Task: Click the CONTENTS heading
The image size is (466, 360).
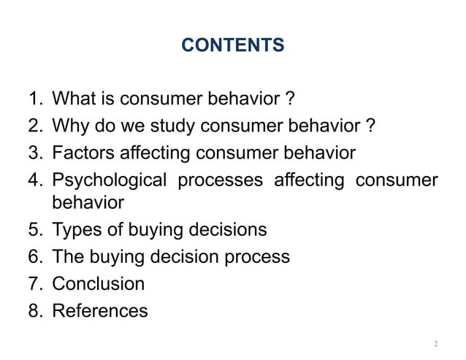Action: tap(232, 46)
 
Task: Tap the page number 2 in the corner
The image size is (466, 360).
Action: tap(435, 343)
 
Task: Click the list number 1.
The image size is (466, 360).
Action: tap(37, 98)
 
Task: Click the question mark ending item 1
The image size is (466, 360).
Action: tap(290, 98)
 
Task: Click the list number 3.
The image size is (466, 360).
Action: tap(37, 153)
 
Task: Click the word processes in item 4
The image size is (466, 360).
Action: tap(221, 180)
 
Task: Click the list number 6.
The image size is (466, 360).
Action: tap(37, 257)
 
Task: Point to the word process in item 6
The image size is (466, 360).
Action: tap(259, 257)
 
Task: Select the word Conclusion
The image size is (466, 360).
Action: tap(99, 283)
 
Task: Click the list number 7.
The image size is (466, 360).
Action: tap(37, 283)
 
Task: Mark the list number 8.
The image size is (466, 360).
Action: tap(37, 311)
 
